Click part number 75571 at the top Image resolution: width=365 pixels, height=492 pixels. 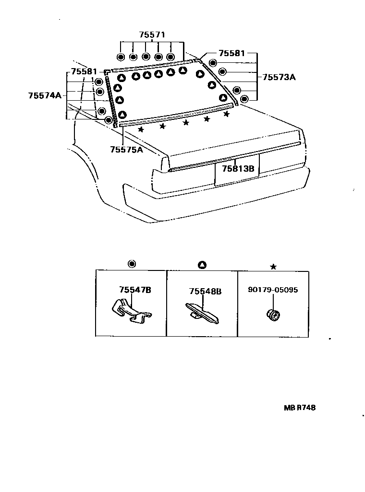pos(152,35)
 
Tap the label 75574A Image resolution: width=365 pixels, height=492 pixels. pos(45,95)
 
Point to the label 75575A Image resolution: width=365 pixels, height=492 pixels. pos(127,150)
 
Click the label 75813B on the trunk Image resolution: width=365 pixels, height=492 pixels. pos(241,169)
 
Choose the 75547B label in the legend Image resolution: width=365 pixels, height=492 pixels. pos(135,290)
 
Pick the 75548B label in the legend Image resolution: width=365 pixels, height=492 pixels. pos(205,291)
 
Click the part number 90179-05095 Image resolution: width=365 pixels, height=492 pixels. pos(273,290)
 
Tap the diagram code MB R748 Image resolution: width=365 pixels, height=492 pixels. pos(299,409)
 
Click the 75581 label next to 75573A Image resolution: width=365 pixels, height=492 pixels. pos(232,53)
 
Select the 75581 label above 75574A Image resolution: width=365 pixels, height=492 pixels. pos(85,72)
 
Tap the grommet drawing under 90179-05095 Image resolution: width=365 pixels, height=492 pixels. pos(274,315)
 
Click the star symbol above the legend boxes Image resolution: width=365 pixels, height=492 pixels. pos(273,267)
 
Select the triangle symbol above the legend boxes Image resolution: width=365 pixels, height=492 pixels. pos(202,264)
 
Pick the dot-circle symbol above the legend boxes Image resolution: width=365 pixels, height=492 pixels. pos(132,264)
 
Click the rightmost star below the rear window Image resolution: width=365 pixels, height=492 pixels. pos(226,114)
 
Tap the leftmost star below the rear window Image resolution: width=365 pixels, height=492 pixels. pos(141,129)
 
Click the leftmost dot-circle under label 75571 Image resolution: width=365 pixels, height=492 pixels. pos(120,58)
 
